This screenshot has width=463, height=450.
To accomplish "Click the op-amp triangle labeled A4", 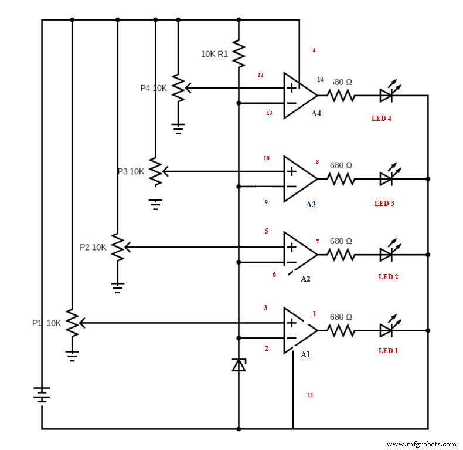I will point(298,96).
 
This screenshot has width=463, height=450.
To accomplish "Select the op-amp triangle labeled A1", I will point(298,330).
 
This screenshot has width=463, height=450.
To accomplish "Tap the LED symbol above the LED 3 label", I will point(386,178).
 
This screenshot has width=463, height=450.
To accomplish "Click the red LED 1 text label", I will point(388,351).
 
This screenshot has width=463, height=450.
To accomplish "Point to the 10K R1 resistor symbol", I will point(239,53).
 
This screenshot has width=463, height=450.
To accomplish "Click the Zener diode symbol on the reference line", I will point(239,365).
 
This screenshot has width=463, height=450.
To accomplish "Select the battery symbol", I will point(42,395).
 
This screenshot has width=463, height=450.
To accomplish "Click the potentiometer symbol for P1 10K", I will point(72,322).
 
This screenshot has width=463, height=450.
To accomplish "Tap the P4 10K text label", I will point(154,88).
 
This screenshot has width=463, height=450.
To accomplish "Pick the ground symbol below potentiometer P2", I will point(118,287).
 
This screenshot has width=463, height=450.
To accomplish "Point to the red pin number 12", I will point(260,75).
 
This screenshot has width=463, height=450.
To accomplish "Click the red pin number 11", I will point(310,395).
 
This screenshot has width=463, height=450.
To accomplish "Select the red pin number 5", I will point(267,231).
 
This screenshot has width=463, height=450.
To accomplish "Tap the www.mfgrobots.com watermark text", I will point(422,444).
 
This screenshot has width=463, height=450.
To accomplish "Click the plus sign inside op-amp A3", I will point(291,171).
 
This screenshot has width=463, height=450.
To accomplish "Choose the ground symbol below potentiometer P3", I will point(155,204).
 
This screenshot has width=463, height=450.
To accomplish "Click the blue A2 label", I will point(305,279).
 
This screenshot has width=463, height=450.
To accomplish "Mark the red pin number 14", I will point(320,79).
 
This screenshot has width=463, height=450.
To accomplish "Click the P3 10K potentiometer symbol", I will point(155,171).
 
